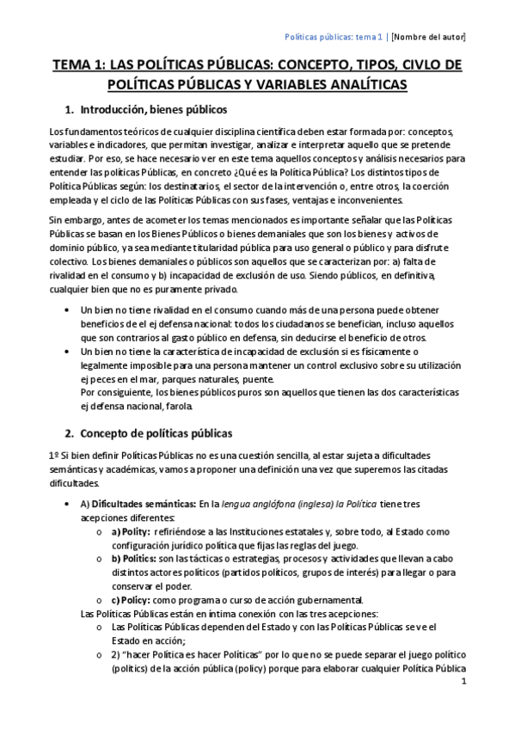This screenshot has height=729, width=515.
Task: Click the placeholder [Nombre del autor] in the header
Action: [428, 37]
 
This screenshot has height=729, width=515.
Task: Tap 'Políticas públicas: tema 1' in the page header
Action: [334, 37]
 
